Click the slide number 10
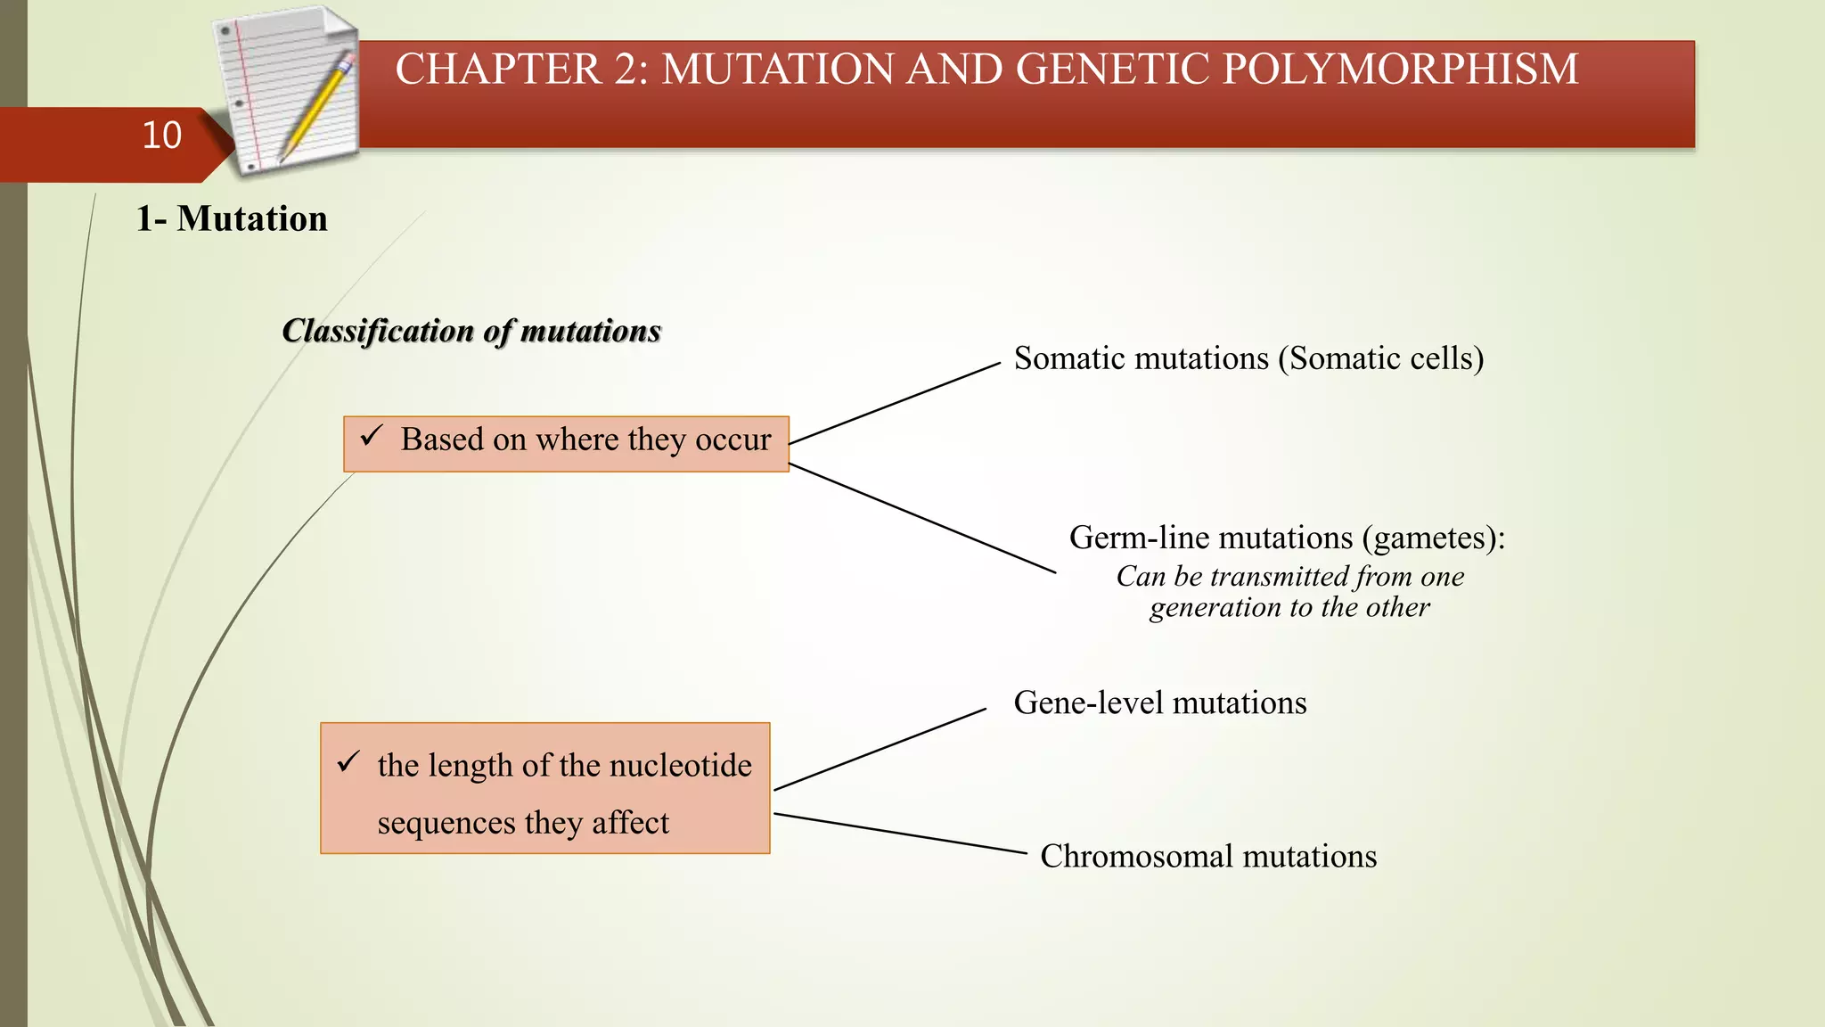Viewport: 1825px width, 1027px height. click(x=161, y=136)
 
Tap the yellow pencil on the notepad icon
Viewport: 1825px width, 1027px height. click(x=316, y=107)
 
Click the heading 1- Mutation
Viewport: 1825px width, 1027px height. click(x=232, y=219)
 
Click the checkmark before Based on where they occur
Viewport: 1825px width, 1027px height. click(x=371, y=437)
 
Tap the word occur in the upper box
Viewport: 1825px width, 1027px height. click(x=732, y=440)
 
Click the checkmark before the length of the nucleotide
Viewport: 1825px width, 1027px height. click(x=348, y=762)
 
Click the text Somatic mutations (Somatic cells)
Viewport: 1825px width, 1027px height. click(x=1248, y=358)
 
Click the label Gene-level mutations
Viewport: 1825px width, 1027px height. click(x=1159, y=703)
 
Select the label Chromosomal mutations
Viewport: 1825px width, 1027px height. click(x=1207, y=857)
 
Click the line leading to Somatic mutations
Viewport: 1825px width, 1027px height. click(x=895, y=403)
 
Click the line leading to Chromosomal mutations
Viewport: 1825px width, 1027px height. click(x=900, y=834)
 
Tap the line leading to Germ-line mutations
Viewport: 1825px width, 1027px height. click(x=922, y=518)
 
